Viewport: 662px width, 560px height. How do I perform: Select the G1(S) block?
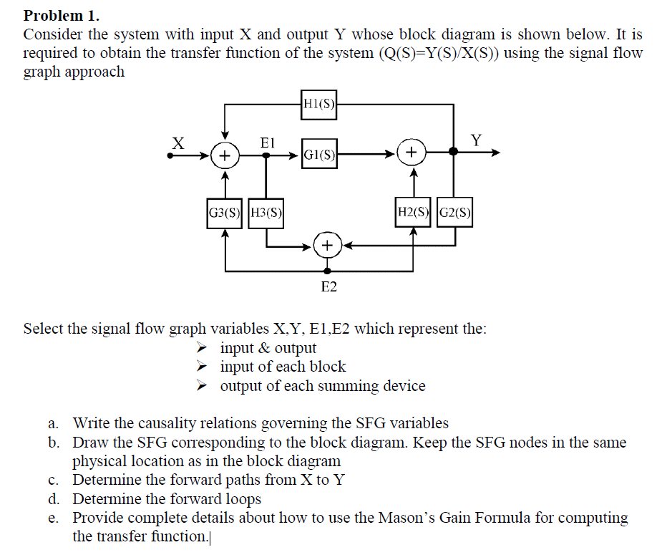(x=319, y=153)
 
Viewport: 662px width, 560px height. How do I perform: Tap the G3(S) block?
(x=225, y=213)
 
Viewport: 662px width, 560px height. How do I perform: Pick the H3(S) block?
(x=266, y=213)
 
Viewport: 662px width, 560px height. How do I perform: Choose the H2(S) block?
(x=413, y=212)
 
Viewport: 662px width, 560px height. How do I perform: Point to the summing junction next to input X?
(x=225, y=153)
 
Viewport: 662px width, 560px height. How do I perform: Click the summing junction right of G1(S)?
(x=412, y=153)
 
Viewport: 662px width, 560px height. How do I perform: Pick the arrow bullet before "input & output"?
(x=204, y=348)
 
